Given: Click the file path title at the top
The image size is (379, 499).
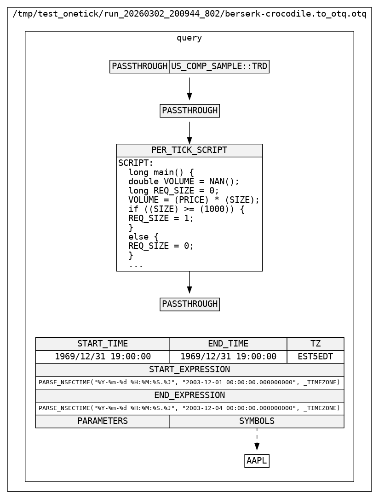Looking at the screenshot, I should (x=189, y=14).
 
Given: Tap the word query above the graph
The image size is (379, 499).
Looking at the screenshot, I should (x=189, y=38).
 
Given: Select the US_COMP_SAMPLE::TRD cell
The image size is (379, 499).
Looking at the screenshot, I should (x=219, y=66).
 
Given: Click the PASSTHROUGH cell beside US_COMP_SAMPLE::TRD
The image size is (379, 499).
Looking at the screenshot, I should (x=139, y=66).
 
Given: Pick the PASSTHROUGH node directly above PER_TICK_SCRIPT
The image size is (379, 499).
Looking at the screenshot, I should (x=189, y=111).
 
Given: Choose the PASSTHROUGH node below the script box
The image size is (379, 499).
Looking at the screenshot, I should (x=189, y=304).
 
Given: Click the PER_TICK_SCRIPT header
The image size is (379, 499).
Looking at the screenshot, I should (x=189, y=150).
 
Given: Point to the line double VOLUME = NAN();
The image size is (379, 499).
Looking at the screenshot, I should (x=184, y=182).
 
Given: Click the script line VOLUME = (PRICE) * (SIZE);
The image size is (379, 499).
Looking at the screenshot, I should (x=194, y=200).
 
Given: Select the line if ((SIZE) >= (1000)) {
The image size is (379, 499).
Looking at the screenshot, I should (x=186, y=209).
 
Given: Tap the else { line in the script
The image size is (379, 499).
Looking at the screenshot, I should (x=143, y=237).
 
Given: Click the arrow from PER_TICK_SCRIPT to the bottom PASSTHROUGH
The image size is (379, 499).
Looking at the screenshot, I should (x=189, y=282).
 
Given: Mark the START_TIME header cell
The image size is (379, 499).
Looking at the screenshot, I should (x=103, y=344).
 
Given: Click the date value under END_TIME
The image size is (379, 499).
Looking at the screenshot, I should (x=228, y=357).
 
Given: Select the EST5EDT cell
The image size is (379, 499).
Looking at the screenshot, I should (x=315, y=357).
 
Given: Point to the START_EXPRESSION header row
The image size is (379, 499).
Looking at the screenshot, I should (x=189, y=370).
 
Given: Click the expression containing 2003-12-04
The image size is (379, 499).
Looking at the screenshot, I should (x=189, y=408).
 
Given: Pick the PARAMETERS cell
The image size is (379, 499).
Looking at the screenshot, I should (x=103, y=421).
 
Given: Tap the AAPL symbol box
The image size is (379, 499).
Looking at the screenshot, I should (x=257, y=461).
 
